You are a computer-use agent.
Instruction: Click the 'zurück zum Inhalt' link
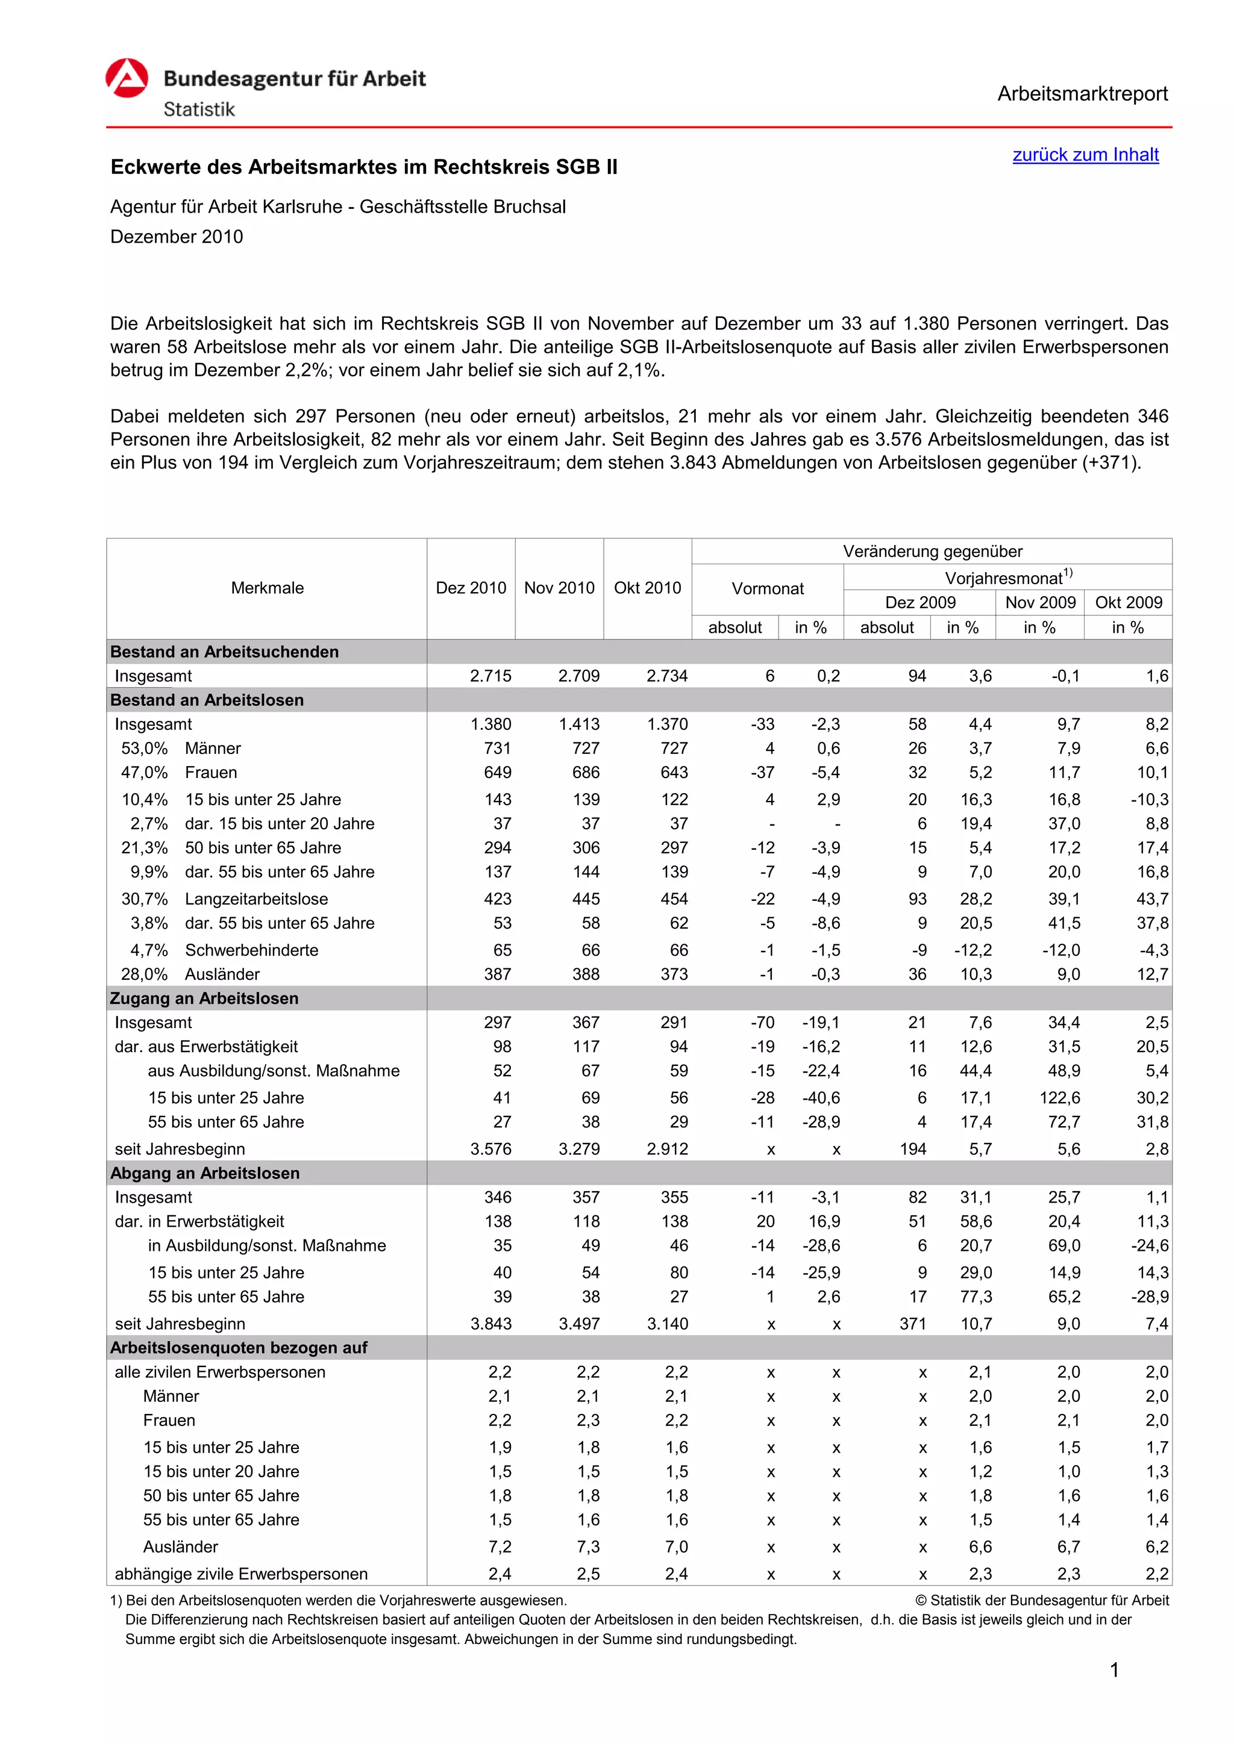point(1085,155)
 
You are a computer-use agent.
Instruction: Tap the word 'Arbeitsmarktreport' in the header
point(1082,93)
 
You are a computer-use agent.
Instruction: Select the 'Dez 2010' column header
point(471,588)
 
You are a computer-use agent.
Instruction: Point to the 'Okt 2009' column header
point(1129,602)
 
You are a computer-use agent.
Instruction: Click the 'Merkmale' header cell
point(267,588)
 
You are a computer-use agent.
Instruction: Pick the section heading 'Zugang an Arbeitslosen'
point(204,998)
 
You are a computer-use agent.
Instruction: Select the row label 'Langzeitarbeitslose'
point(256,898)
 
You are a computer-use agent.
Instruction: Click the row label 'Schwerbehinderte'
point(251,950)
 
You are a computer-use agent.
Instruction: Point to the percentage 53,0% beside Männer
point(145,748)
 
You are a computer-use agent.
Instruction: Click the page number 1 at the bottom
point(1114,1671)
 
